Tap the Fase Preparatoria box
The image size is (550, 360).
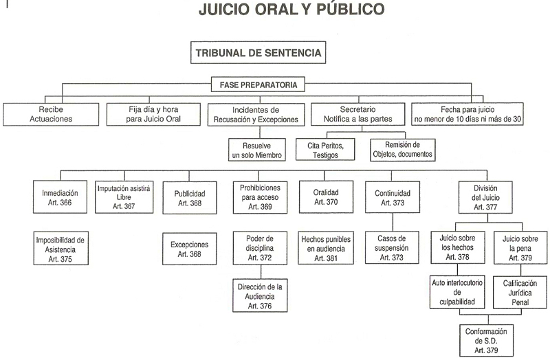point(258,85)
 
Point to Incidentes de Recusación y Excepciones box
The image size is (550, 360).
point(255,113)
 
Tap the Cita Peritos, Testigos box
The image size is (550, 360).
point(329,150)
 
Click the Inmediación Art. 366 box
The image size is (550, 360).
point(60,198)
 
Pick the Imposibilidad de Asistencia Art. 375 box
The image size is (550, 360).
point(60,249)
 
